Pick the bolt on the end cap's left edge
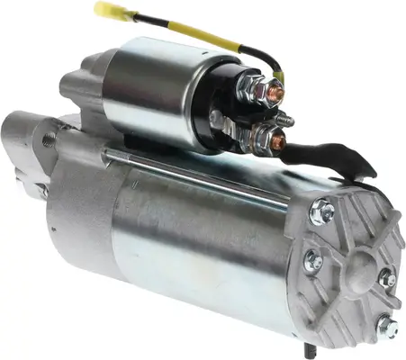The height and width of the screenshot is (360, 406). pos(312,262)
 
